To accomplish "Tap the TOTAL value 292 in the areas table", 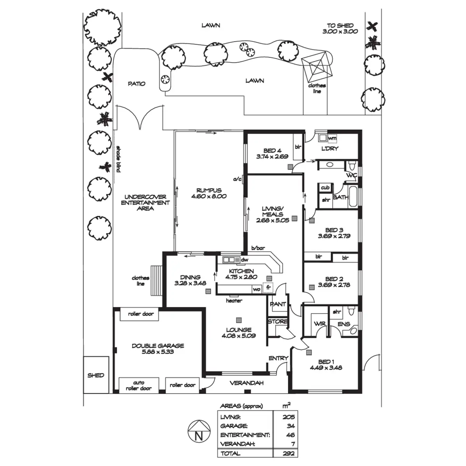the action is point(289,453).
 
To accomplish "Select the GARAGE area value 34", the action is point(290,426).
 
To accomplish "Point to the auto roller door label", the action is point(139,385).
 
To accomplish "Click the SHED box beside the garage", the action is point(96,375).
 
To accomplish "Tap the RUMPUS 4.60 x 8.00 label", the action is point(209,193).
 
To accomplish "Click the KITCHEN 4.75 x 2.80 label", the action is point(241,274).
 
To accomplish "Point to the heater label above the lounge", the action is point(234,301).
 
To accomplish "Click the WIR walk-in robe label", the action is point(320,324).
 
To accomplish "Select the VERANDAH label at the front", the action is point(247,383).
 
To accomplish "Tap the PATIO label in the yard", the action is point(136,83).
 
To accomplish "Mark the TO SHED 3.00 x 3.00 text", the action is point(340,28).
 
